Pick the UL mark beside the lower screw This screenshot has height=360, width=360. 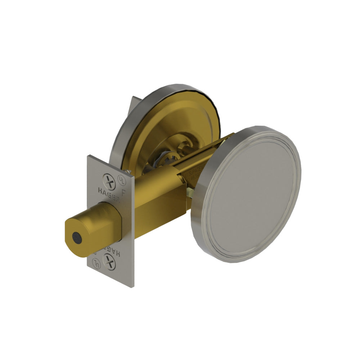(x=95, y=261)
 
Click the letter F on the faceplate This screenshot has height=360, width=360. (x=123, y=192)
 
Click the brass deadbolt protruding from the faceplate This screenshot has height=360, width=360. (x=90, y=227)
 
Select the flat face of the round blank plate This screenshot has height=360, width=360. (x=252, y=194)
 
